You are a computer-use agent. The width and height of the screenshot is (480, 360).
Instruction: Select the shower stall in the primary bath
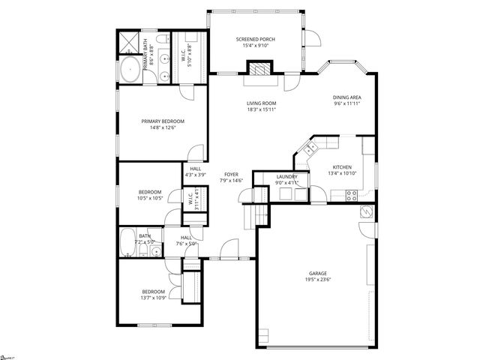click(x=130, y=41)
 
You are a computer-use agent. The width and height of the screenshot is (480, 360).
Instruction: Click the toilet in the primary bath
click(x=161, y=39)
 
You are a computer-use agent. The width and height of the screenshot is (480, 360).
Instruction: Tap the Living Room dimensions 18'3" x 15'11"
click(x=262, y=109)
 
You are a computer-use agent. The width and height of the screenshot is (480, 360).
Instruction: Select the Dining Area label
click(x=347, y=97)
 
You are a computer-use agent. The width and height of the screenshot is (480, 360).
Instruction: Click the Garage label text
click(x=318, y=273)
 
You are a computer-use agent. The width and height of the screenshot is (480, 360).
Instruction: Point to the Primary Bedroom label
click(x=163, y=121)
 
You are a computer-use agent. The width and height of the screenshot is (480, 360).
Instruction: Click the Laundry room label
click(x=286, y=177)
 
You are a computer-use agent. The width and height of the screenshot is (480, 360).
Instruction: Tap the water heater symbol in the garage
click(x=365, y=211)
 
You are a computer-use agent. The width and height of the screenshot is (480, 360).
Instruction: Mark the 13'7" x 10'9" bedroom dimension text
click(x=153, y=298)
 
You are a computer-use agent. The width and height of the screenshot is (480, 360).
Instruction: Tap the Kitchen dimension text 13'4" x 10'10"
click(x=341, y=173)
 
